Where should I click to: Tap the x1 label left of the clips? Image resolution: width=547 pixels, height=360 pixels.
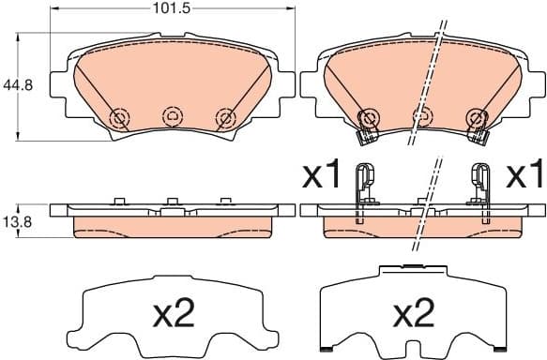click(320, 175)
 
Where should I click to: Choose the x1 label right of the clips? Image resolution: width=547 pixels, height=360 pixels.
click(524, 175)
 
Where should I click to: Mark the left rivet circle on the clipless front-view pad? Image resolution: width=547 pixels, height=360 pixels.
click(118, 117)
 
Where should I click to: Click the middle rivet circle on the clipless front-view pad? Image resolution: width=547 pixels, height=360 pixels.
click(172, 116)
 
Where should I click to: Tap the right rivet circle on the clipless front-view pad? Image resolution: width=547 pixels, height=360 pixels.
click(224, 117)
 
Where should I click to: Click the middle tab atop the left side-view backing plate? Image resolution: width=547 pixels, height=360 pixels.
click(172, 201)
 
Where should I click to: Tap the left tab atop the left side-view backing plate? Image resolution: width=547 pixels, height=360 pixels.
click(118, 201)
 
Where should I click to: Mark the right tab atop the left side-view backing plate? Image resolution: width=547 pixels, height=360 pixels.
click(224, 201)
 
